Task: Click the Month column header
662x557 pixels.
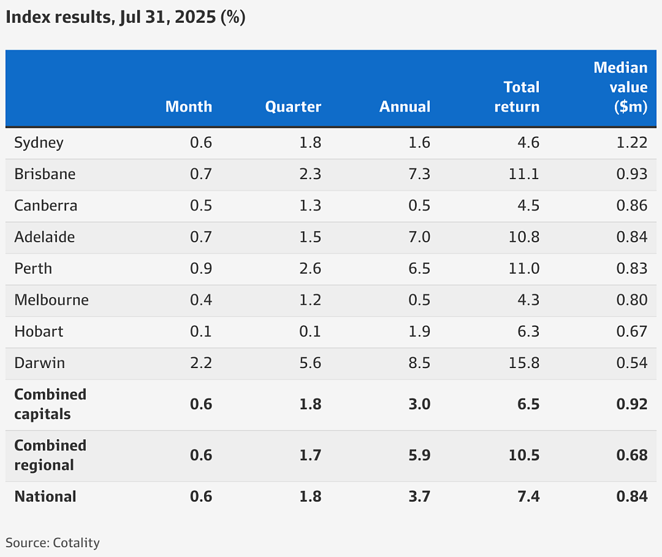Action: coord(189,107)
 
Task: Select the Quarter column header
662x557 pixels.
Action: coord(293,107)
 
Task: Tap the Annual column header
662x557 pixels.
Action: coord(405,107)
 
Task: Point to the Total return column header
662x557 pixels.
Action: coord(517,97)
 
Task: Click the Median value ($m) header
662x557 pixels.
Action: coord(620,87)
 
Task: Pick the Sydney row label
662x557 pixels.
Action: coord(39,143)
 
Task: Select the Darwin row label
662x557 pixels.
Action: coord(40,363)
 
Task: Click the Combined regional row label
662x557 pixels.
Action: coord(50,455)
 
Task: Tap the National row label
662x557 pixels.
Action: coord(45,496)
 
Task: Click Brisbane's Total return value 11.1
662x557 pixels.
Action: coord(524,174)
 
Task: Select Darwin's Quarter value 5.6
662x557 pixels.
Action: coord(310,363)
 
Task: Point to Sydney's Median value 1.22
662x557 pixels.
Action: coord(632,142)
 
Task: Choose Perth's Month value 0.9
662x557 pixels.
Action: coord(201,268)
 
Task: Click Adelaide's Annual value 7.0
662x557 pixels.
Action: coord(419,237)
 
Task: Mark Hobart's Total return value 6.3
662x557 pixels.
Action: coord(528,331)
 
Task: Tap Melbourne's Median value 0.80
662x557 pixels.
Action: coord(632,300)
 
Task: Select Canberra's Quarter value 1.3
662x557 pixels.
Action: coord(310,206)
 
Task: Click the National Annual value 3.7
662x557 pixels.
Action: coord(419,496)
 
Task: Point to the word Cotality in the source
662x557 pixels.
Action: coord(77,543)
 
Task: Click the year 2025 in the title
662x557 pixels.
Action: coord(195,17)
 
